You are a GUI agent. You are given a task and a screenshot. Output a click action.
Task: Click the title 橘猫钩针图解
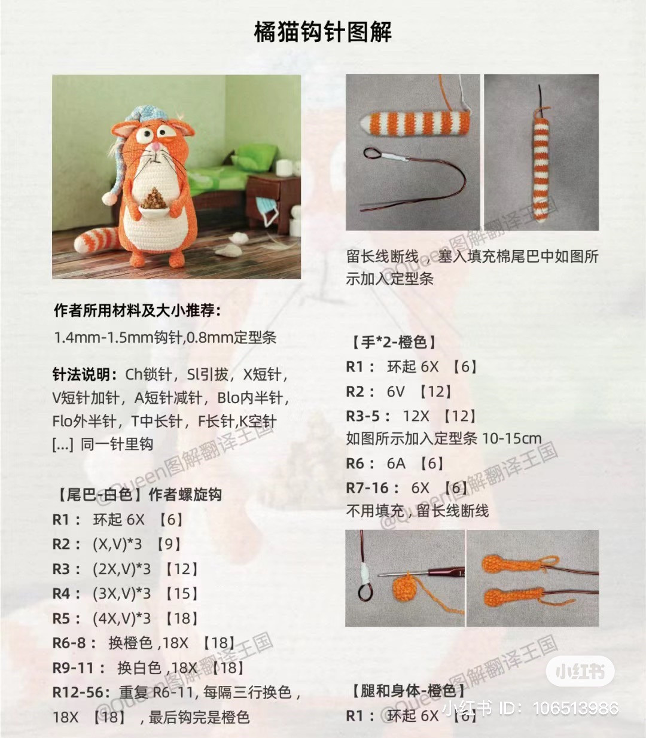323,32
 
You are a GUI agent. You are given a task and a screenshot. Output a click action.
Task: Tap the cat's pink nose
156,146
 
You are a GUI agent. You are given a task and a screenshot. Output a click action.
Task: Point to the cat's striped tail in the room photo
98,239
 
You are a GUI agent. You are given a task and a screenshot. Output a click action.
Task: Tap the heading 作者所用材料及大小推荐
137,310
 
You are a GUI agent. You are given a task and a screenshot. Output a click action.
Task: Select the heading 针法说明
85,375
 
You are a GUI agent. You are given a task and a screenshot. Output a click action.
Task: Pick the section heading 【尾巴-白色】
97,495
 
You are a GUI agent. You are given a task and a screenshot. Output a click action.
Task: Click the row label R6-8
74,643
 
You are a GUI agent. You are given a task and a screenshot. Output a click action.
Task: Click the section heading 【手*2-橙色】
394,342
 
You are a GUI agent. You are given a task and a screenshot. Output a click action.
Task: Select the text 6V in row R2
396,391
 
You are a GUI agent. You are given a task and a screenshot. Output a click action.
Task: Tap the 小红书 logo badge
580,671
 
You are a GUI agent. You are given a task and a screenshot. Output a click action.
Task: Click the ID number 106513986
575,708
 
